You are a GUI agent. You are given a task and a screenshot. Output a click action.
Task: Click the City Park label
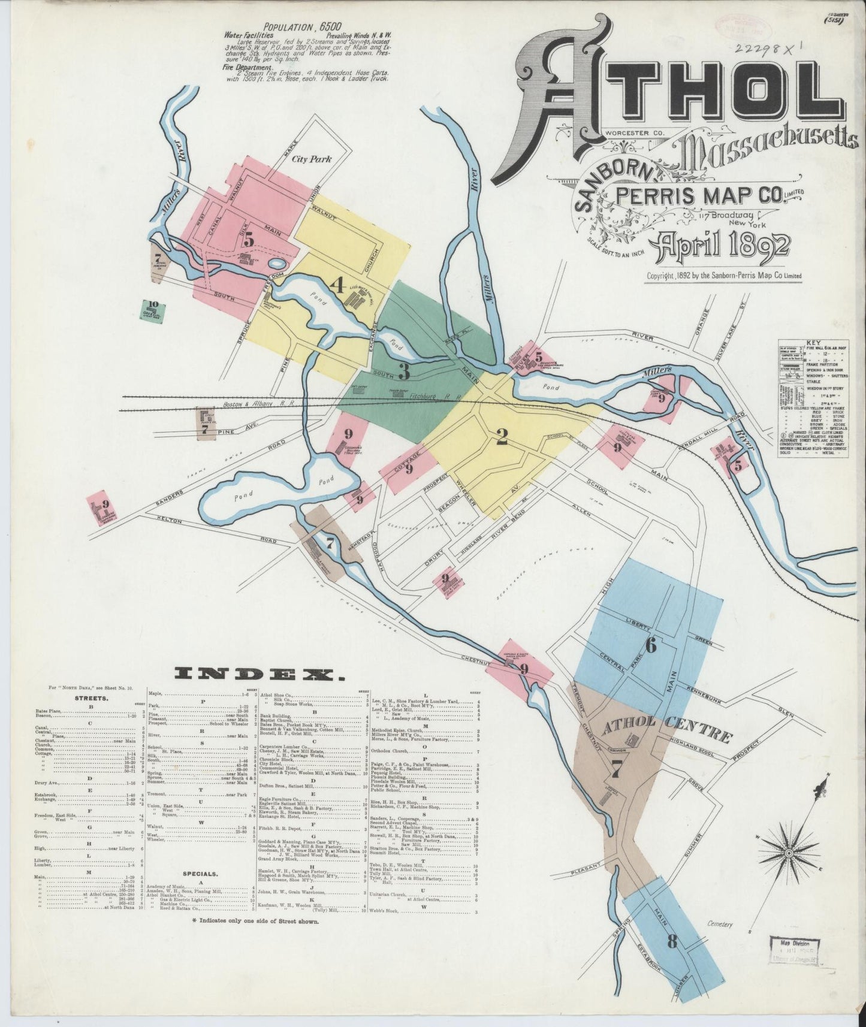point(311,160)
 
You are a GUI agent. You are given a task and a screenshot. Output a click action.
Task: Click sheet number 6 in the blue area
point(651,645)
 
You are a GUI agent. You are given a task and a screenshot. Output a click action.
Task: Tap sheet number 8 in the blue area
point(672,942)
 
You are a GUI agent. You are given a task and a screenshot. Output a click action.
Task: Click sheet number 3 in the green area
point(404,372)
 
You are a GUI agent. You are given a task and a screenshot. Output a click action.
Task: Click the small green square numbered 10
point(153,310)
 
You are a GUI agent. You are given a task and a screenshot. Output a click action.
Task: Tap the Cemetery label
point(719,925)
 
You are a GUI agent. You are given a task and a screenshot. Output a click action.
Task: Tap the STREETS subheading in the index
point(91,697)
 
